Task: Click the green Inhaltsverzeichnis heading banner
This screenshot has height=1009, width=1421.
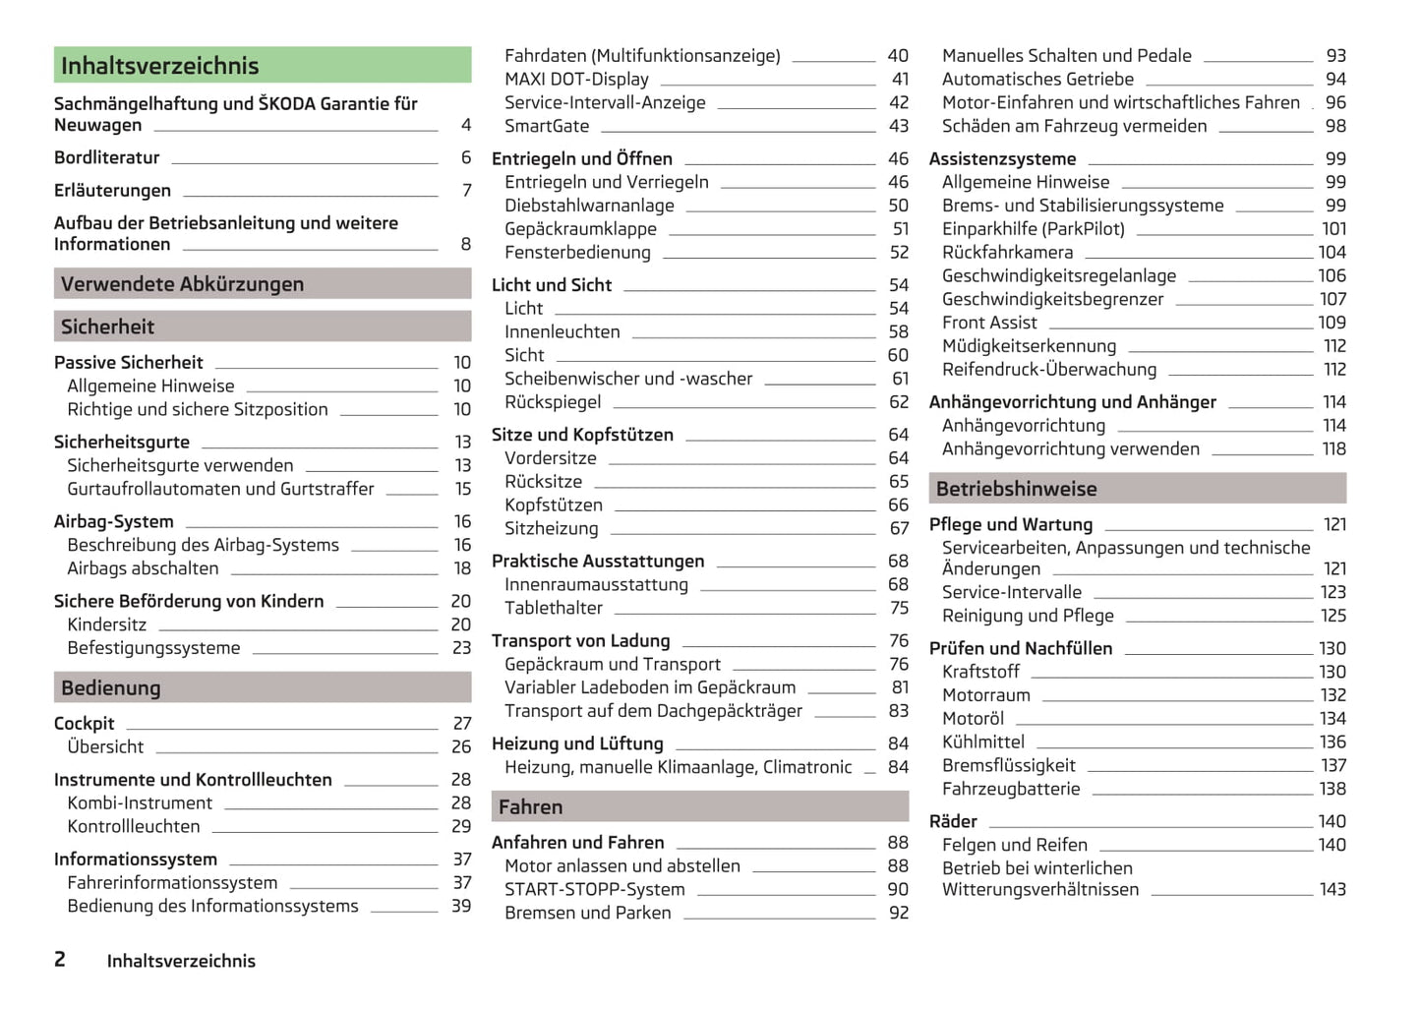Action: (x=262, y=66)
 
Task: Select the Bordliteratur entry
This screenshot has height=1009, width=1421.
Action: (x=107, y=157)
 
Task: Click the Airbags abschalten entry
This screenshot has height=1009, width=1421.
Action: (x=143, y=568)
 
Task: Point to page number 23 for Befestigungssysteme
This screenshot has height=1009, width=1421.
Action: (x=461, y=648)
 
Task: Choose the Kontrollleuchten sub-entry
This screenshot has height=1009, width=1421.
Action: (x=133, y=827)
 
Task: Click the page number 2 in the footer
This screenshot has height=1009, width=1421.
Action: (x=60, y=960)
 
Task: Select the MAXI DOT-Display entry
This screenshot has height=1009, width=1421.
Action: (x=576, y=80)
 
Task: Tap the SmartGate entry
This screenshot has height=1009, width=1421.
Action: (x=547, y=126)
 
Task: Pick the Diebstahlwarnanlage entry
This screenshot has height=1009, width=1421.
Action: (x=589, y=206)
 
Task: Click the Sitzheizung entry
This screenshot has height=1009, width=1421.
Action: (x=551, y=529)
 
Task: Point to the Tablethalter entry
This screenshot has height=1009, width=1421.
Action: (x=554, y=609)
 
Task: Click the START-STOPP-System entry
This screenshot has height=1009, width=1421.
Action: (x=594, y=890)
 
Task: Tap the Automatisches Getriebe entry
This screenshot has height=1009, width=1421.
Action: (x=1037, y=80)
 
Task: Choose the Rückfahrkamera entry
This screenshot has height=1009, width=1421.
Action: (x=1007, y=253)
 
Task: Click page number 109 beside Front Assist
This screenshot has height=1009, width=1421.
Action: (x=1332, y=323)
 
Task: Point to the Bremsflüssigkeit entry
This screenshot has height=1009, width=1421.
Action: (x=1008, y=766)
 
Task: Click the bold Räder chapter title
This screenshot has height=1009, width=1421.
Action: (x=953, y=822)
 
